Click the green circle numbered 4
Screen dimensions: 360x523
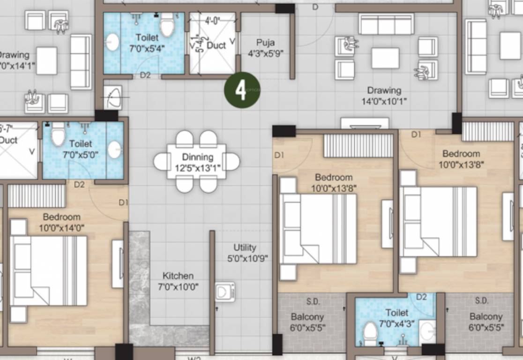click(x=241, y=90)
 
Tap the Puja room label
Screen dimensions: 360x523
click(x=265, y=47)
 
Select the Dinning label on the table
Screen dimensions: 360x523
click(x=197, y=161)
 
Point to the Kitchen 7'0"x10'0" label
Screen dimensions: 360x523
click(x=178, y=281)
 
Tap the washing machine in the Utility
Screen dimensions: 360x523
click(x=225, y=292)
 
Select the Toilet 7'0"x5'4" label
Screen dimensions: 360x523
click(x=147, y=42)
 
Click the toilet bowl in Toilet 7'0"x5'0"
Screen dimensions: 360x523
click(x=58, y=135)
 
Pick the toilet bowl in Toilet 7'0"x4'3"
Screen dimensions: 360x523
click(x=370, y=332)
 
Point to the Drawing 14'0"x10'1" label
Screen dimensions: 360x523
click(x=384, y=95)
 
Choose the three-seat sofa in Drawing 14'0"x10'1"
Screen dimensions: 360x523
click(x=386, y=24)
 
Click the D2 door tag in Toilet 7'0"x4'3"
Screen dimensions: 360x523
click(x=421, y=297)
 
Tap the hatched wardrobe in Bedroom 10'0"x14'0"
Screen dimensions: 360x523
click(x=37, y=196)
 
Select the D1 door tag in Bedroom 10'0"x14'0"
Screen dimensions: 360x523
click(x=123, y=202)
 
